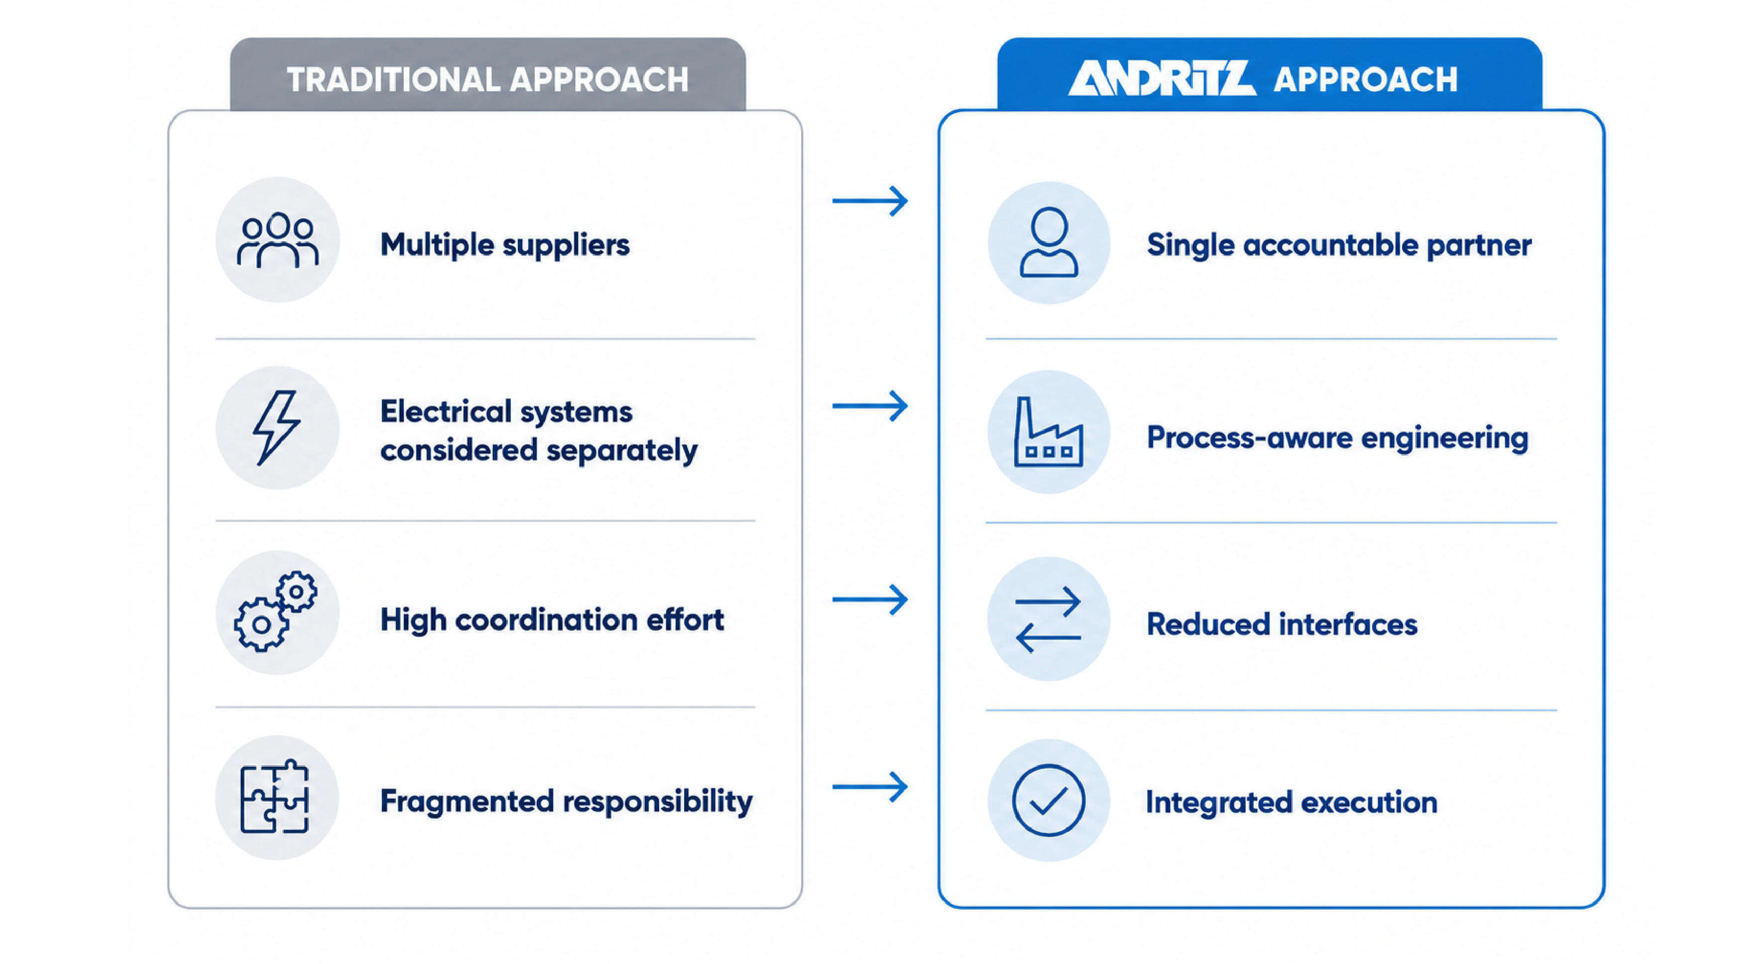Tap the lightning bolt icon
[x=276, y=427]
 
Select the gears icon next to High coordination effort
[x=275, y=611]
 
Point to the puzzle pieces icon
[x=275, y=796]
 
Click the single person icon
[x=1049, y=242]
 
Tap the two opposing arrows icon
[x=1048, y=620]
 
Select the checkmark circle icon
[x=1049, y=800]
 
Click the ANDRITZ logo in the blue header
[x=1162, y=78]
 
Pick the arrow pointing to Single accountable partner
[x=870, y=201]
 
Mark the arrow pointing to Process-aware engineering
[x=870, y=406]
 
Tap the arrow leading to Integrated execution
[x=870, y=787]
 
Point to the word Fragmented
[x=467, y=802]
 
